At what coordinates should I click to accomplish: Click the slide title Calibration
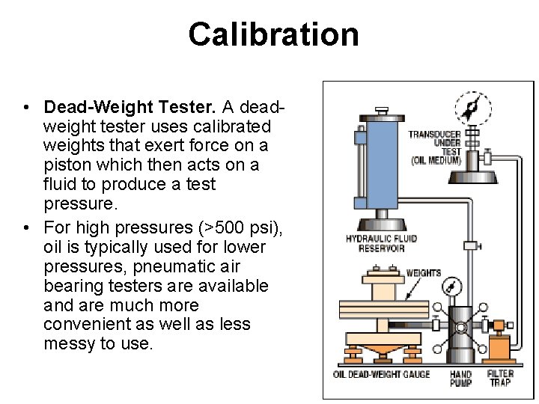click(x=273, y=34)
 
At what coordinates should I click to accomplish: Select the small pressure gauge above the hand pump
click(x=451, y=287)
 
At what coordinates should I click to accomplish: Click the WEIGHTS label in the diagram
click(x=423, y=273)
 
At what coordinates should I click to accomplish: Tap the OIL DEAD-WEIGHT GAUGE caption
click(x=381, y=374)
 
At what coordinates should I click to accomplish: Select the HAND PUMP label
click(x=460, y=379)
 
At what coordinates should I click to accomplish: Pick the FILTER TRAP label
click(x=500, y=379)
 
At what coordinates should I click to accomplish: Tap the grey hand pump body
click(x=460, y=329)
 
